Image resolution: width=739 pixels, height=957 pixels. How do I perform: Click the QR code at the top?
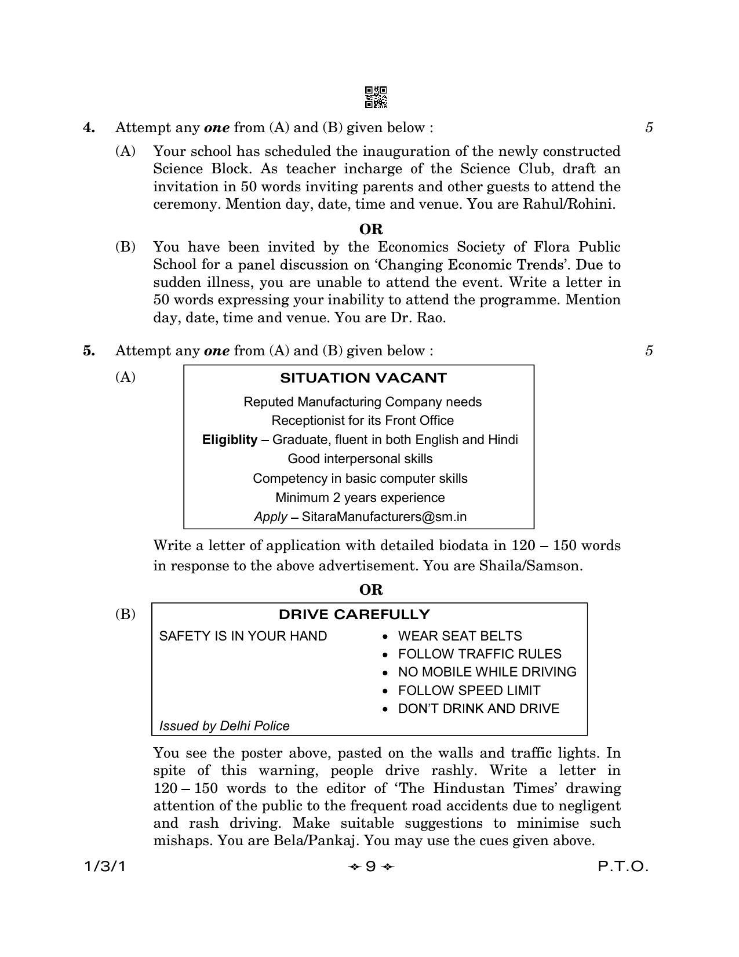[x=376, y=97]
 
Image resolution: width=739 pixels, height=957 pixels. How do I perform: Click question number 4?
[x=89, y=128]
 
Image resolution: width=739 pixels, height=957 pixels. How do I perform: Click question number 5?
[x=89, y=351]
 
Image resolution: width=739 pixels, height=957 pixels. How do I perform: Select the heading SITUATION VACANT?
[x=363, y=378]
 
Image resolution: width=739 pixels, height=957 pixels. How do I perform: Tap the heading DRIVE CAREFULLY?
[x=354, y=614]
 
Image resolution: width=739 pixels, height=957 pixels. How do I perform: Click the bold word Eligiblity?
[x=230, y=439]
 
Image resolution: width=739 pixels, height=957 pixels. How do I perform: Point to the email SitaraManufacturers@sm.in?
[x=384, y=516]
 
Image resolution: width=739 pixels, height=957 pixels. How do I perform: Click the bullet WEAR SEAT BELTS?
[x=460, y=636]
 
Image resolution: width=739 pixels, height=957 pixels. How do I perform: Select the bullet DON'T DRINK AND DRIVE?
[x=479, y=708]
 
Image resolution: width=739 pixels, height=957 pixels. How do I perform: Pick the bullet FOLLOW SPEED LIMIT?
[x=469, y=690]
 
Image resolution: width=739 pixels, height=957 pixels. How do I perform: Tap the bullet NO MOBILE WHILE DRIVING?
[x=487, y=672]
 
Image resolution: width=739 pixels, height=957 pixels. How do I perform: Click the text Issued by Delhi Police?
[x=224, y=726]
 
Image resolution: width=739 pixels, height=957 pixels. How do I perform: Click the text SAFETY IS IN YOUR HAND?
[x=243, y=636]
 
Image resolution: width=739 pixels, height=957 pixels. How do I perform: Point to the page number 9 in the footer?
[x=370, y=867]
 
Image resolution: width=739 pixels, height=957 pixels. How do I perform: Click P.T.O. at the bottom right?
[x=623, y=867]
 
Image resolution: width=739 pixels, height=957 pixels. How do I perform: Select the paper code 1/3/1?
[x=105, y=867]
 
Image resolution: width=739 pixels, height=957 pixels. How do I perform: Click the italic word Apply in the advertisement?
[x=270, y=516]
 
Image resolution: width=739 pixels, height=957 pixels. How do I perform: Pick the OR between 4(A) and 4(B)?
[x=371, y=229]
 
